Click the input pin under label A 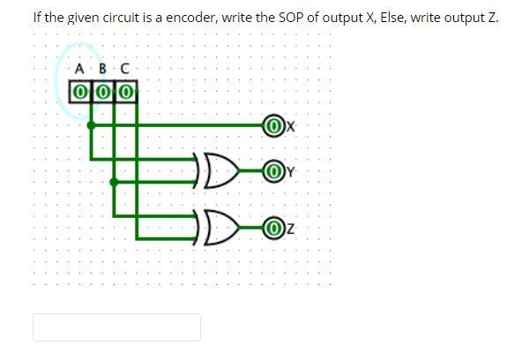[79, 91]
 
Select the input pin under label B [102, 91]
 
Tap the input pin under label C [125, 91]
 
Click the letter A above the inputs [79, 69]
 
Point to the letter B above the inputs [102, 69]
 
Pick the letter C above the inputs [124, 69]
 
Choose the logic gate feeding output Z [216, 229]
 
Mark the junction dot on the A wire [91, 126]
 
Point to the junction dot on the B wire [114, 183]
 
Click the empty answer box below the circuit [116, 327]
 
